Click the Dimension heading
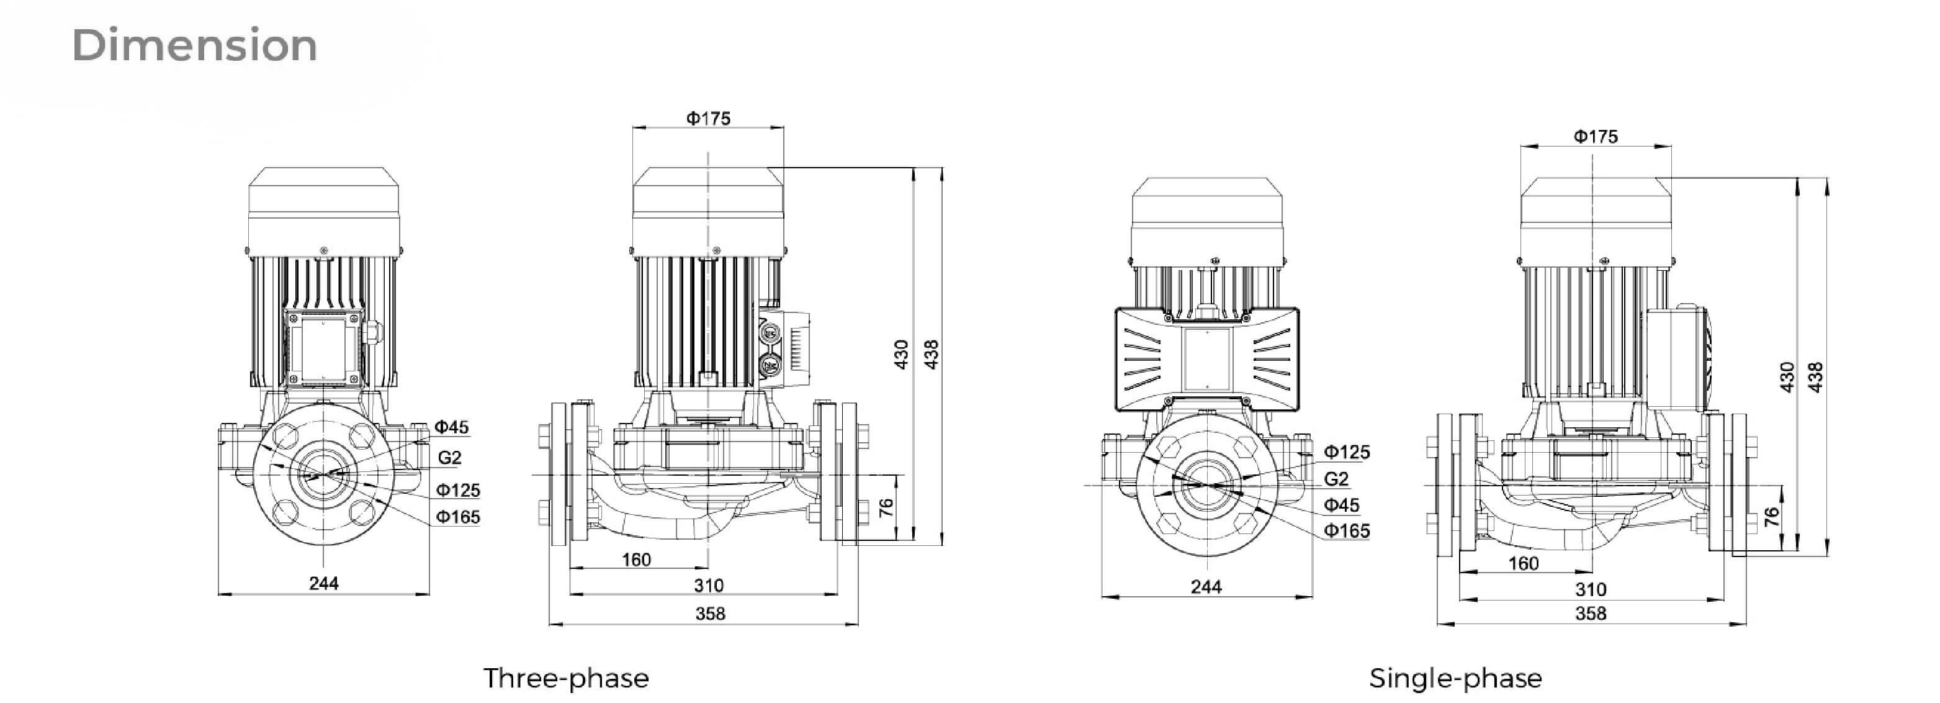click(195, 45)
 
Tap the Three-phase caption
click(565, 678)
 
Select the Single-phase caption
click(1455, 678)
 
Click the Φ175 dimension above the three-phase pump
click(708, 118)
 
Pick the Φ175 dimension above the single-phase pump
click(1595, 137)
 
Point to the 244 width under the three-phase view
click(324, 583)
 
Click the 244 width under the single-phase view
click(1206, 587)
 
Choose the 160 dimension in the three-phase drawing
click(636, 560)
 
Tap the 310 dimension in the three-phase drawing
click(709, 586)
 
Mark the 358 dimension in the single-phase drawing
click(1591, 614)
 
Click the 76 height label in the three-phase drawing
click(886, 508)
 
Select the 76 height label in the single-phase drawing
click(1772, 517)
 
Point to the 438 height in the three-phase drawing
click(932, 354)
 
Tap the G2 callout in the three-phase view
click(449, 457)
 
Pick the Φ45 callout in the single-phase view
click(1341, 505)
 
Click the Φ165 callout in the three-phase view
click(458, 517)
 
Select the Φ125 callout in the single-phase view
click(1347, 452)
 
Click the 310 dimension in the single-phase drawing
click(1591, 589)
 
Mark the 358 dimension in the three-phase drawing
click(710, 614)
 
